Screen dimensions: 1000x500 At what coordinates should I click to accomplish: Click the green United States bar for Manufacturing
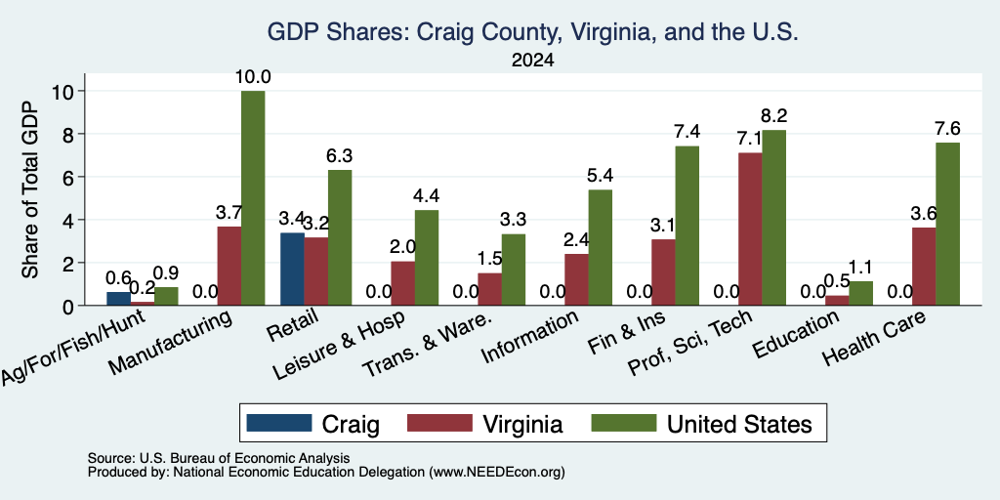253,198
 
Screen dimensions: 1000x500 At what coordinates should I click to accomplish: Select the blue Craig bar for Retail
292,270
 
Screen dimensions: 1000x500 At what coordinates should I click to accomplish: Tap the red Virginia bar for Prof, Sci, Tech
751,229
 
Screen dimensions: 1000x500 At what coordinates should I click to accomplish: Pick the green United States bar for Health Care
947,224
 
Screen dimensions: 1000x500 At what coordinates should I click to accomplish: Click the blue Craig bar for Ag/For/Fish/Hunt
118,299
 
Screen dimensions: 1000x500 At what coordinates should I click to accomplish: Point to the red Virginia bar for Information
576,279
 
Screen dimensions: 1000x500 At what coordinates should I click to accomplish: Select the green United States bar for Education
861,293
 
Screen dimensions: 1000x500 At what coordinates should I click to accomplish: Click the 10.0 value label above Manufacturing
253,77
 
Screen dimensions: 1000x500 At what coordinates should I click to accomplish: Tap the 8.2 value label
773,116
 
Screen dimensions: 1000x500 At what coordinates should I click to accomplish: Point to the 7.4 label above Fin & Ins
687,132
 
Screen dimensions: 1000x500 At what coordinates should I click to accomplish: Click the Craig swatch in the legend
279,423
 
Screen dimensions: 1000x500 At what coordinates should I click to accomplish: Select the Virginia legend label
522,424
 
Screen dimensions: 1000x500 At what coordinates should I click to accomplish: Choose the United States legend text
739,424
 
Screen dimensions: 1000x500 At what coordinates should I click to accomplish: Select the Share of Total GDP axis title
30,189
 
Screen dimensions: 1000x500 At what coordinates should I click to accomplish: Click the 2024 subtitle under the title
532,61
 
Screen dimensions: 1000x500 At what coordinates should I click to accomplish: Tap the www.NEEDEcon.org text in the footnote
497,472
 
